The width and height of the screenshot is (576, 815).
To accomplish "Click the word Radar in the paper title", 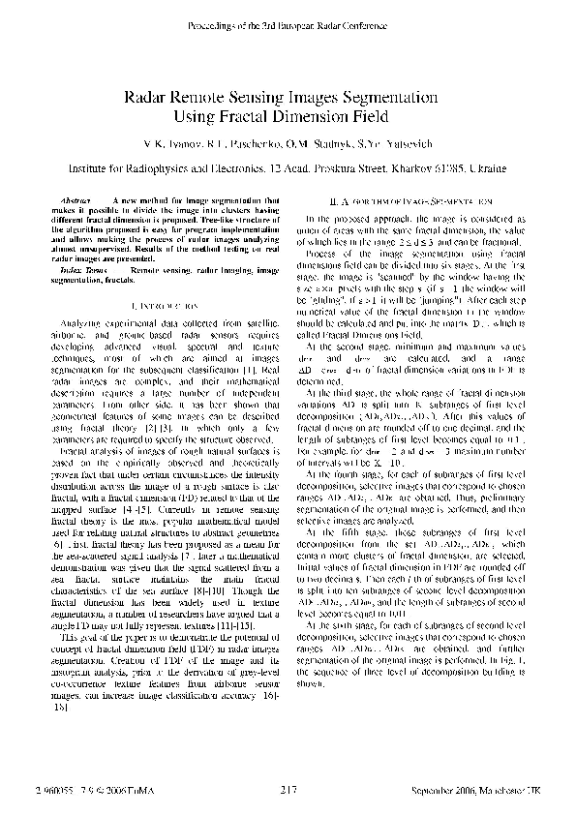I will point(146,98).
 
